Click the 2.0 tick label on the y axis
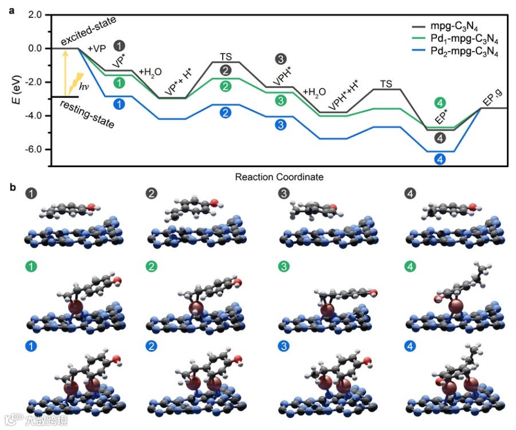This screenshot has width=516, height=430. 34,14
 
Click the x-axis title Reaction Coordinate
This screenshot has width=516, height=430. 279,177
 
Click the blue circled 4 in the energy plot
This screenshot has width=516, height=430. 439,159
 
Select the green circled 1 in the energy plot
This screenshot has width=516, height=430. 119,83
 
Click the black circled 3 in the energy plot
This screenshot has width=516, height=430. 281,59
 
